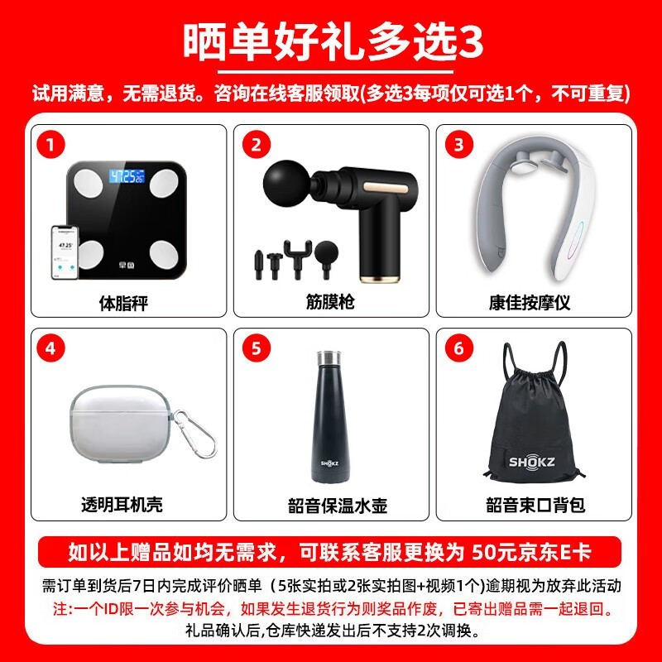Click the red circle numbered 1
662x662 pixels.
point(50,145)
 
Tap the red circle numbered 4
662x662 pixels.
point(50,348)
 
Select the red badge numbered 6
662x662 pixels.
point(459,348)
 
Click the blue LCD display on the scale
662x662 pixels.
point(127,176)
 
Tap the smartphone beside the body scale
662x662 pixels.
point(65,252)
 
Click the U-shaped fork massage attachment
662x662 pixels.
point(298,258)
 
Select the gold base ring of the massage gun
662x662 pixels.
point(379,277)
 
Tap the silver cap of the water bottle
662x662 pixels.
point(329,357)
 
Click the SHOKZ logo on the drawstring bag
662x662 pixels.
point(531,462)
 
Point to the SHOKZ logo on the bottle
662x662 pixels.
point(329,463)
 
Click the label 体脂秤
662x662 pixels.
point(123,303)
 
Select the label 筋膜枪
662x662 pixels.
point(330,301)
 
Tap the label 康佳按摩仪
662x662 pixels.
point(530,302)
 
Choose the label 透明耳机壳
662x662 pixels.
point(122,504)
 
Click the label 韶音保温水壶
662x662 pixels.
point(338,506)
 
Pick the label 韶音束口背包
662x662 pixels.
point(535,505)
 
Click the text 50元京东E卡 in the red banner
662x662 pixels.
point(531,552)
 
